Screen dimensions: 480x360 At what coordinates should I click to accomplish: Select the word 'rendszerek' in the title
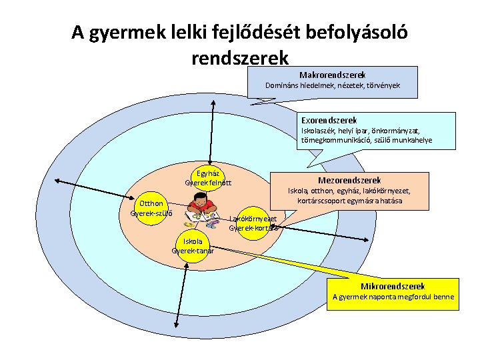(240, 58)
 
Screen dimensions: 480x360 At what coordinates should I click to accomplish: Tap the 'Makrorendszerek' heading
(332, 75)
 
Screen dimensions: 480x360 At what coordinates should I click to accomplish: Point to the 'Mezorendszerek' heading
(349, 180)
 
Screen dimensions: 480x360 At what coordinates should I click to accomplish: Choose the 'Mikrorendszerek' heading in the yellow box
(393, 285)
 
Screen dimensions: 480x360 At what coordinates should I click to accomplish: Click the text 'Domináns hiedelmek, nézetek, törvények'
(332, 86)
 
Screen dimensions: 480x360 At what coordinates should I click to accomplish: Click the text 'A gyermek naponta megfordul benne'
(393, 297)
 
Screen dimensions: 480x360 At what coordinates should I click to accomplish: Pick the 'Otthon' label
(150, 204)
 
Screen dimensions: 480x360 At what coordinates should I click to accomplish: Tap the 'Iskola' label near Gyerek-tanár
(193, 241)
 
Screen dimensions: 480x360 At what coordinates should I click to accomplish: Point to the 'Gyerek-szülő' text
(151, 213)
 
